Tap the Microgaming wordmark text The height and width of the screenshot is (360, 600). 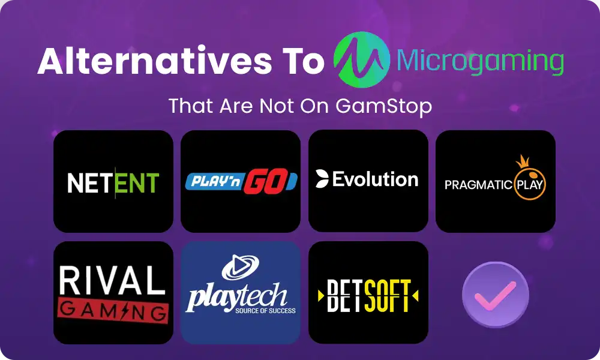pyautogui.click(x=481, y=61)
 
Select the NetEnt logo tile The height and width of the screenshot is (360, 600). pyautogui.click(x=113, y=181)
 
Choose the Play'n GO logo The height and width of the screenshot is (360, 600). pyautogui.click(x=241, y=181)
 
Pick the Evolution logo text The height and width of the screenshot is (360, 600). pyautogui.click(x=375, y=179)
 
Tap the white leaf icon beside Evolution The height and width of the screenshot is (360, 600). pyautogui.click(x=322, y=179)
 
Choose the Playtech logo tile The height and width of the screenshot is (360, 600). pyautogui.click(x=241, y=293)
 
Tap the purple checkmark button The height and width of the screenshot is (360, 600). pyautogui.click(x=495, y=294)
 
